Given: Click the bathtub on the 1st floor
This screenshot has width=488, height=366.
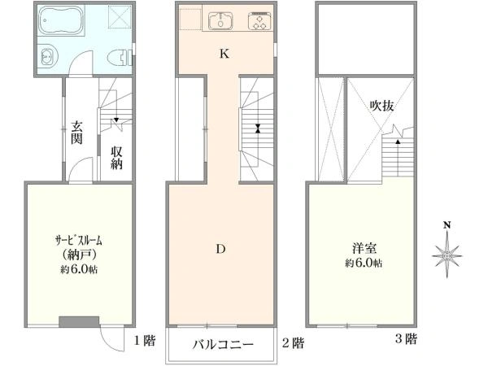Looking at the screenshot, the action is pyautogui.click(x=62, y=20).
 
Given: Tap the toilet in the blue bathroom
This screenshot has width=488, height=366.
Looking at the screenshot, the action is pyautogui.click(x=120, y=58).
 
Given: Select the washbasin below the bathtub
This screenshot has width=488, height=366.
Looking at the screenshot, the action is pyautogui.click(x=49, y=58).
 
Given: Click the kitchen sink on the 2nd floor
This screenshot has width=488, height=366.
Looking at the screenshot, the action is pyautogui.click(x=220, y=20).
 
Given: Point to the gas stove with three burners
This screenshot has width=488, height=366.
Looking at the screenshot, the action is pyautogui.click(x=259, y=21).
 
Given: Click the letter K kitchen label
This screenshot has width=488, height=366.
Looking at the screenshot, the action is pyautogui.click(x=224, y=54).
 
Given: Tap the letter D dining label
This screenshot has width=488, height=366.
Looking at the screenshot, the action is pyautogui.click(x=220, y=249).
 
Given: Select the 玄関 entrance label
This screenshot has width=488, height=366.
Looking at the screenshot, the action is pyautogui.click(x=76, y=133).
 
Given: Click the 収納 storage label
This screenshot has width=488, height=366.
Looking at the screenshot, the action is pyautogui.click(x=116, y=158).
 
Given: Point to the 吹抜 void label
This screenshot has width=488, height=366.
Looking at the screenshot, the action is pyautogui.click(x=381, y=106).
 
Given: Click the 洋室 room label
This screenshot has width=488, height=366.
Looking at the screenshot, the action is pyautogui.click(x=364, y=248).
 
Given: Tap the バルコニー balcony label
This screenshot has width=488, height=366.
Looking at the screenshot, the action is pyautogui.click(x=223, y=344).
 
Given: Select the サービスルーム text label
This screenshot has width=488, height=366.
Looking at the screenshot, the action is pyautogui.click(x=78, y=240).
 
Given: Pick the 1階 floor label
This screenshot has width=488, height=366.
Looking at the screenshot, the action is pyautogui.click(x=145, y=341).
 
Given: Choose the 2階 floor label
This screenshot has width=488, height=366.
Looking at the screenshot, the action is pyautogui.click(x=293, y=343).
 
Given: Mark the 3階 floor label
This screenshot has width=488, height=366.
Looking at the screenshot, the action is pyautogui.click(x=406, y=338).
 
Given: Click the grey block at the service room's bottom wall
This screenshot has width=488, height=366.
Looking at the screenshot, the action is pyautogui.click(x=79, y=321).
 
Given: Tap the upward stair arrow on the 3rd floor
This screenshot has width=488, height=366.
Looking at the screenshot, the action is pyautogui.click(x=398, y=158).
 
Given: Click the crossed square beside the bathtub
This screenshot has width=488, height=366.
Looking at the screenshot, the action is pyautogui.click(x=120, y=16).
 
